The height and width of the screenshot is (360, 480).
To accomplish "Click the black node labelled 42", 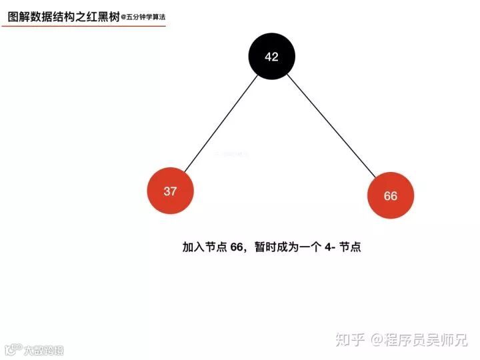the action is pyautogui.click(x=271, y=57).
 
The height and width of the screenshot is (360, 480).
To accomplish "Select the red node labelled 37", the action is pyautogui.click(x=171, y=191).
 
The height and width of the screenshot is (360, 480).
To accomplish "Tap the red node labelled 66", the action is pyautogui.click(x=391, y=196).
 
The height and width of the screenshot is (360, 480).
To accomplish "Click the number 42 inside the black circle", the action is pyautogui.click(x=271, y=57).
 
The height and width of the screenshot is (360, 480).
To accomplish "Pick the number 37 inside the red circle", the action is pyautogui.click(x=171, y=191).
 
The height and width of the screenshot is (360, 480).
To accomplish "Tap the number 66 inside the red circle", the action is pyautogui.click(x=391, y=196).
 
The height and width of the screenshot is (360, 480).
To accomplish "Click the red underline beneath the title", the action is pyautogui.click(x=83, y=27).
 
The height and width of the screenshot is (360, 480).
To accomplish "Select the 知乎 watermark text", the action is pyautogui.click(x=349, y=340).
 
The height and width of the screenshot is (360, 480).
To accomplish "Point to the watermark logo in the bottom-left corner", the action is pyautogui.click(x=12, y=349).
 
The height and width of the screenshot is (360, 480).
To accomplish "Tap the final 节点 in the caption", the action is pyautogui.click(x=350, y=247).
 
